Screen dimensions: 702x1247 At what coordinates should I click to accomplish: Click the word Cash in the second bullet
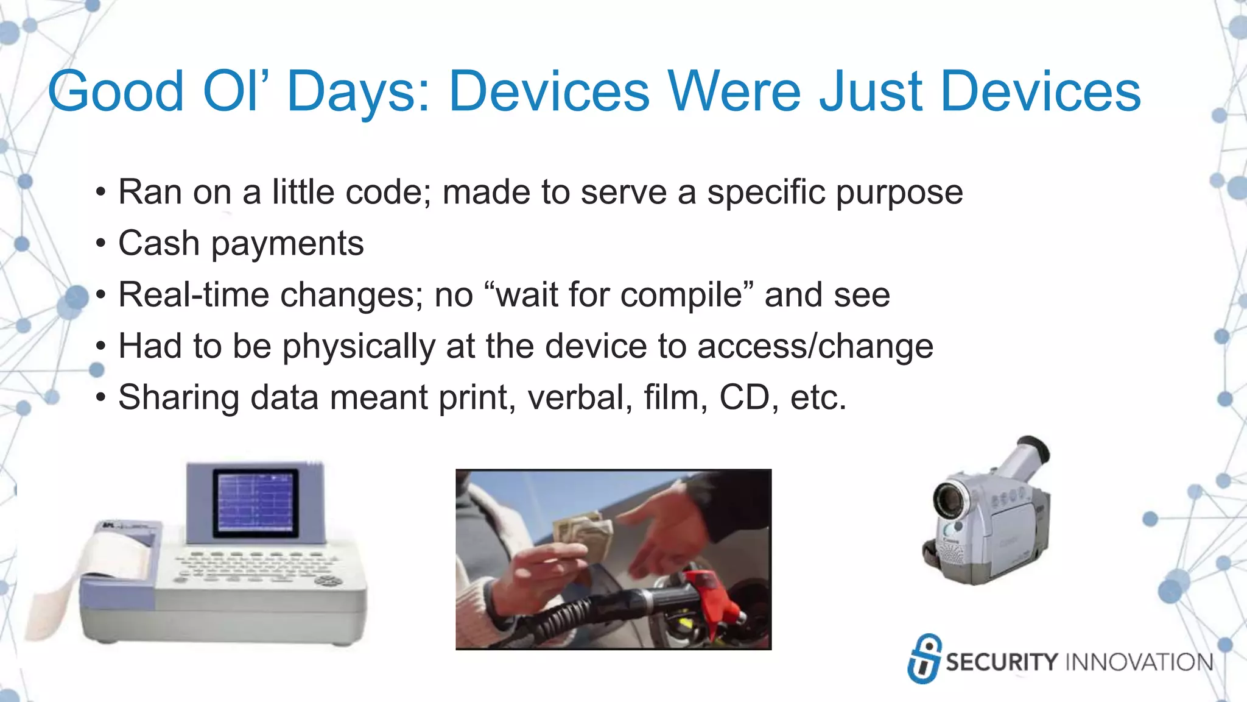[158, 244]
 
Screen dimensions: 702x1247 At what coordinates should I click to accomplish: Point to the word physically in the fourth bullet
[359, 347]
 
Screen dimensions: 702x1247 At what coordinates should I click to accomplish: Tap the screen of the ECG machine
[256, 503]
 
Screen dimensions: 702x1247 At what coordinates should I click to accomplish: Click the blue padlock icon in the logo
[924, 659]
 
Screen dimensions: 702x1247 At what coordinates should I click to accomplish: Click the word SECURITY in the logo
[1002, 662]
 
